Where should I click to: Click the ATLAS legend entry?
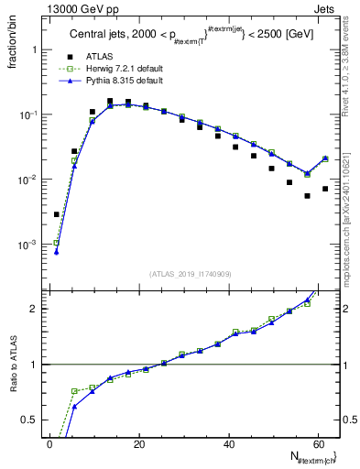click(x=99, y=57)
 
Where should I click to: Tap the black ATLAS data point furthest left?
click(x=57, y=214)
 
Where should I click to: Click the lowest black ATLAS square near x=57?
click(x=307, y=196)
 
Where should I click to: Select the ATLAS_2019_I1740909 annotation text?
click(x=191, y=273)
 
